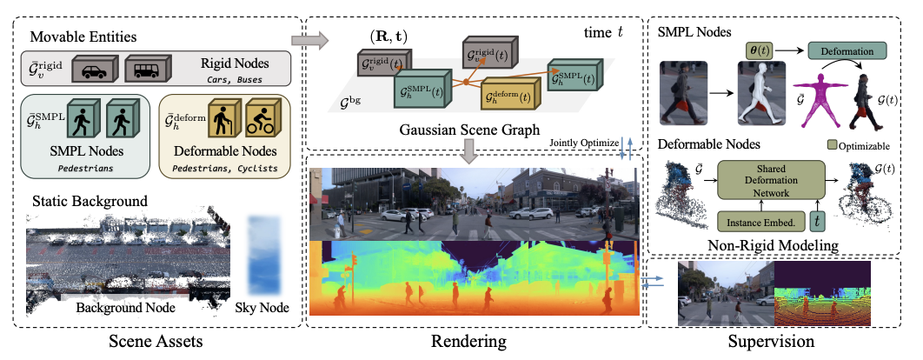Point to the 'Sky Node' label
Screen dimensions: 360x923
coord(262,310)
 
